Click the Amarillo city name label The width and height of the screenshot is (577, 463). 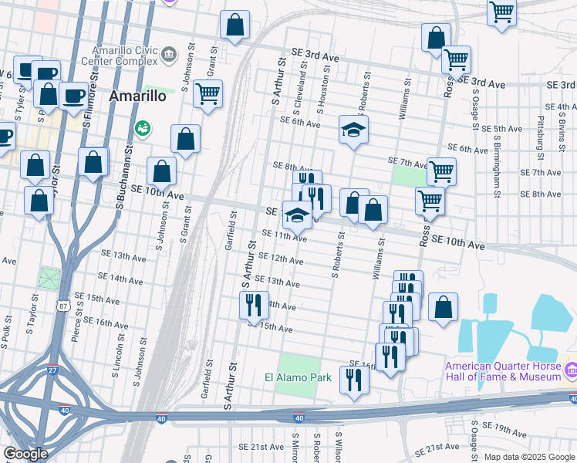(x=138, y=96)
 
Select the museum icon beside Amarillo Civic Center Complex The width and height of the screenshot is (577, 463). (x=170, y=56)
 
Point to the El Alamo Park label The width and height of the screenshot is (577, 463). (x=298, y=377)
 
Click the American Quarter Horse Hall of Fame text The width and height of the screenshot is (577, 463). (x=502, y=371)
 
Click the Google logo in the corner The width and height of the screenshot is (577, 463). (x=26, y=454)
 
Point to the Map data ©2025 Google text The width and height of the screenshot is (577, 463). (x=528, y=457)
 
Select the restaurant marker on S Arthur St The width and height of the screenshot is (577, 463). (x=254, y=306)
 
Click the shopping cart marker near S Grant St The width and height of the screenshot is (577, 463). (x=208, y=93)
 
